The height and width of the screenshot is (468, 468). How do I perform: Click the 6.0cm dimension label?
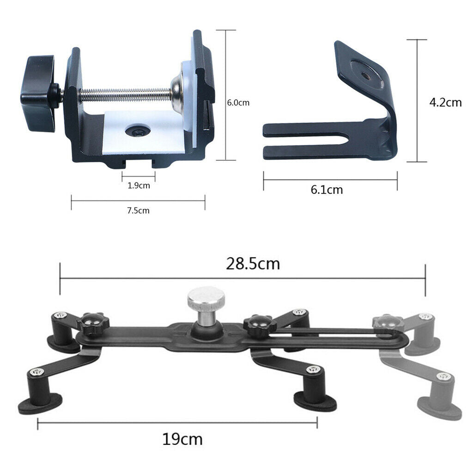click(237, 103)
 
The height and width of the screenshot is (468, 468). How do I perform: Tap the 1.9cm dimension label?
click(139, 186)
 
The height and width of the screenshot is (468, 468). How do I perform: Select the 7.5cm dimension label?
click(138, 211)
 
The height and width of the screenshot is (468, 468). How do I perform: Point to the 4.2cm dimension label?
click(445, 102)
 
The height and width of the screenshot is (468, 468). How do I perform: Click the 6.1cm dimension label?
click(327, 189)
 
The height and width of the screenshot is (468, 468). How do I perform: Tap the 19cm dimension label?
click(182, 438)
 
